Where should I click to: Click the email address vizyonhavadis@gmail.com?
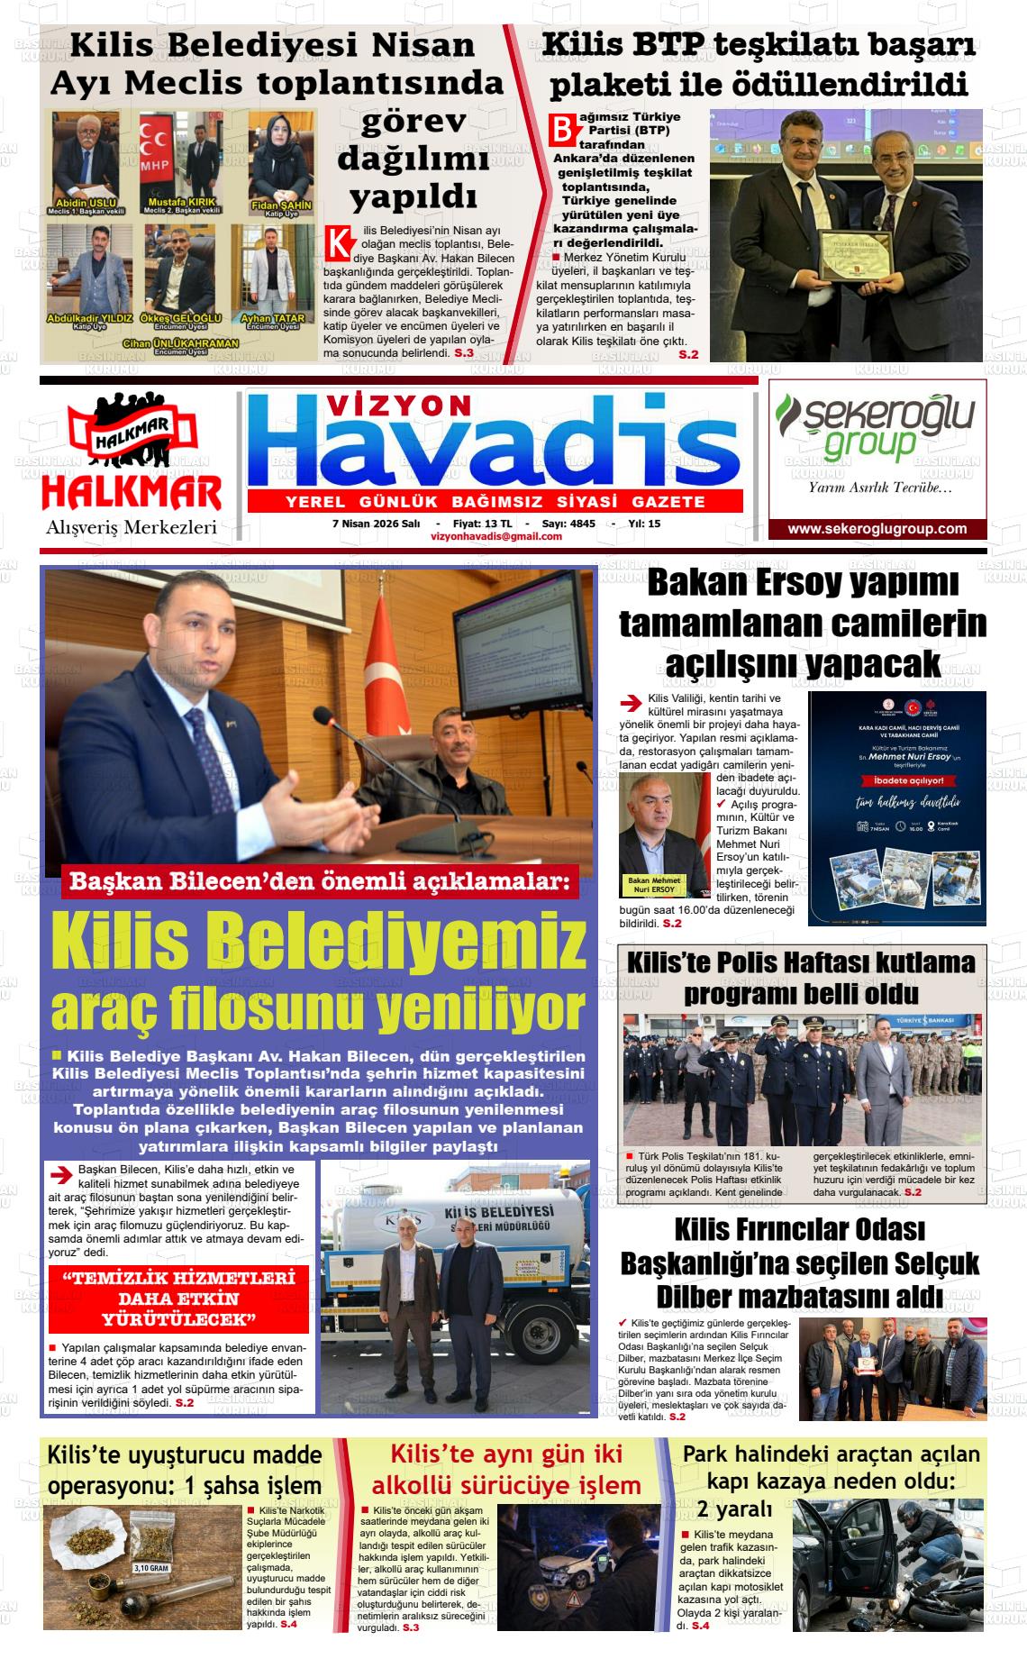[x=496, y=536]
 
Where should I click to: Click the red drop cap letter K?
[x=338, y=242]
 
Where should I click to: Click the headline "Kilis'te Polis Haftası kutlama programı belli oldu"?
[x=800, y=977]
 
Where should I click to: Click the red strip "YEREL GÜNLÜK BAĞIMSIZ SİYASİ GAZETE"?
[x=495, y=501]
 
